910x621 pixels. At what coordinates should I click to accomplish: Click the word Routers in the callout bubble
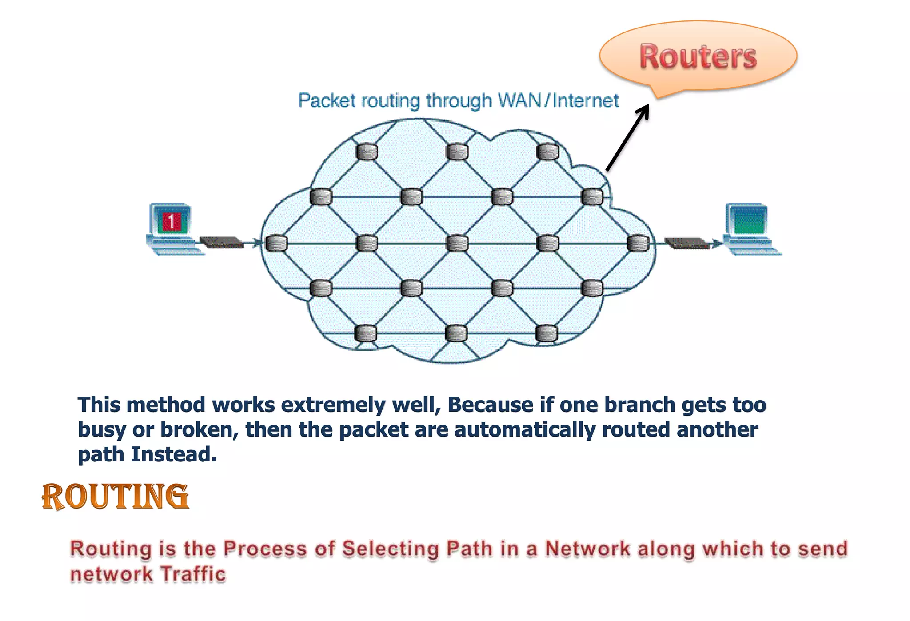(x=698, y=57)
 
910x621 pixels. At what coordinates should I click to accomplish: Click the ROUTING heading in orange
(x=116, y=497)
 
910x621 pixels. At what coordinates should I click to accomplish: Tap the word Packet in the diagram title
(x=327, y=100)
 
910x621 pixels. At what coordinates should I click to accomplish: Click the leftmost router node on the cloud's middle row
(x=276, y=244)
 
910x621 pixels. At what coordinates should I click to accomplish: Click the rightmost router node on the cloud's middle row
(x=638, y=244)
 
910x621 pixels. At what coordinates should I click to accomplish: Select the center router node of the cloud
(x=457, y=244)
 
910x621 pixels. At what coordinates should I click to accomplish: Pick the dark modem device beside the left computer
(x=221, y=242)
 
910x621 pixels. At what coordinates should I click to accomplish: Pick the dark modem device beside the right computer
(x=687, y=243)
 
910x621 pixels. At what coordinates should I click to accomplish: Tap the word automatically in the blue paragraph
(x=524, y=430)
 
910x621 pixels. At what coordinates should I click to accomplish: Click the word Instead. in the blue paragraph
(x=174, y=454)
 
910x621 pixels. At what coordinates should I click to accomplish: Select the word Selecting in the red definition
(x=391, y=549)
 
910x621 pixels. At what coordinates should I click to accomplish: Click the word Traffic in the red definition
(x=193, y=574)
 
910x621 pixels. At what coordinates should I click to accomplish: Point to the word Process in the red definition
(x=265, y=549)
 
